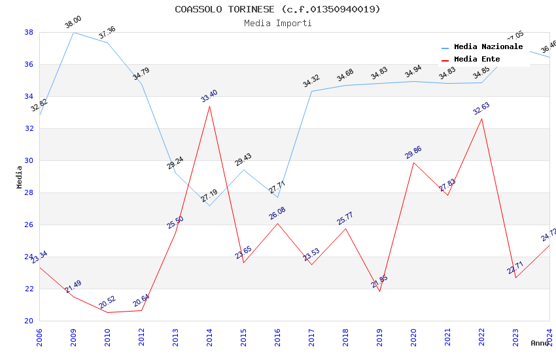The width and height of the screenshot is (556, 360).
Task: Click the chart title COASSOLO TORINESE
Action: click(277, 9)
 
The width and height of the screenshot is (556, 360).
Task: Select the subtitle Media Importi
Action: click(277, 23)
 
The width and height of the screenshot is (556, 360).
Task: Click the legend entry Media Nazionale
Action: click(488, 46)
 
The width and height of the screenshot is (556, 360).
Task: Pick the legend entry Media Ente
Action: click(477, 59)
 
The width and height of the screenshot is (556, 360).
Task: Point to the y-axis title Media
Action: click(19, 177)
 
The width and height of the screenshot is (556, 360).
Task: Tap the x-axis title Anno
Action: click(540, 343)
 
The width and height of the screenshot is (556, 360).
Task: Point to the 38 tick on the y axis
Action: click(29, 32)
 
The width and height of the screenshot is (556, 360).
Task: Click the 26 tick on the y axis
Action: click(29, 225)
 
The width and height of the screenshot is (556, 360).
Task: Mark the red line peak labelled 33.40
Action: click(209, 106)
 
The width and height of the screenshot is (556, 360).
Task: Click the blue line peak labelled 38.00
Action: click(73, 32)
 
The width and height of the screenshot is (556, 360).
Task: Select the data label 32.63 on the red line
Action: click(481, 109)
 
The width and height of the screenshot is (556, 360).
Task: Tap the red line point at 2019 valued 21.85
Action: click(379, 291)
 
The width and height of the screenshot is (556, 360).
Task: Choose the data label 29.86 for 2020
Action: click(413, 153)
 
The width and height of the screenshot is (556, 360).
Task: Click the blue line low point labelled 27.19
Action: click(209, 206)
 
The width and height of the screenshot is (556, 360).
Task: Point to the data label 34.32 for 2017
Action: click(311, 82)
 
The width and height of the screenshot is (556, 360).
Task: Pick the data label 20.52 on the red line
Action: click(107, 302)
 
